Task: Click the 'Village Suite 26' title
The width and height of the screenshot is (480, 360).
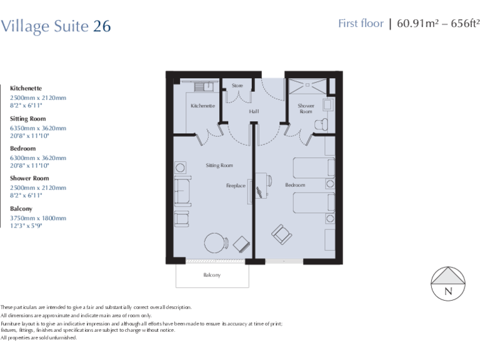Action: click(x=56, y=26)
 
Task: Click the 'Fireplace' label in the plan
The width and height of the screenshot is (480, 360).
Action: click(x=236, y=186)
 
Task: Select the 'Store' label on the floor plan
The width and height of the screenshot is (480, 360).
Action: click(x=237, y=86)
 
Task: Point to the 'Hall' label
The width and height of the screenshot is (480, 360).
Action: click(x=253, y=111)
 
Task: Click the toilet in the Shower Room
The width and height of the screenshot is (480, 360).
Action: click(x=322, y=124)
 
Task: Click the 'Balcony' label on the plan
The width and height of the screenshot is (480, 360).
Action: click(x=212, y=275)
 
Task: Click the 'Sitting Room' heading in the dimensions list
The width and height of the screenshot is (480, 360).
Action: click(x=27, y=119)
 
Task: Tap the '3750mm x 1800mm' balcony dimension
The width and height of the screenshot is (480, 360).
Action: click(x=37, y=218)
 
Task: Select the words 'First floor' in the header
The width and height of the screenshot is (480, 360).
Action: click(x=361, y=24)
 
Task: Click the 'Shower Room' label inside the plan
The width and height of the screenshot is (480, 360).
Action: click(x=306, y=109)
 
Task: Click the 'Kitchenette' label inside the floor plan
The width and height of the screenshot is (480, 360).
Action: click(x=202, y=106)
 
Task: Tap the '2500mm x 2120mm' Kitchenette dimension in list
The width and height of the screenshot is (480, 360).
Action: click(x=37, y=98)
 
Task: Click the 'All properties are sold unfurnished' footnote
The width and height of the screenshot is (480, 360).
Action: click(x=39, y=337)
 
